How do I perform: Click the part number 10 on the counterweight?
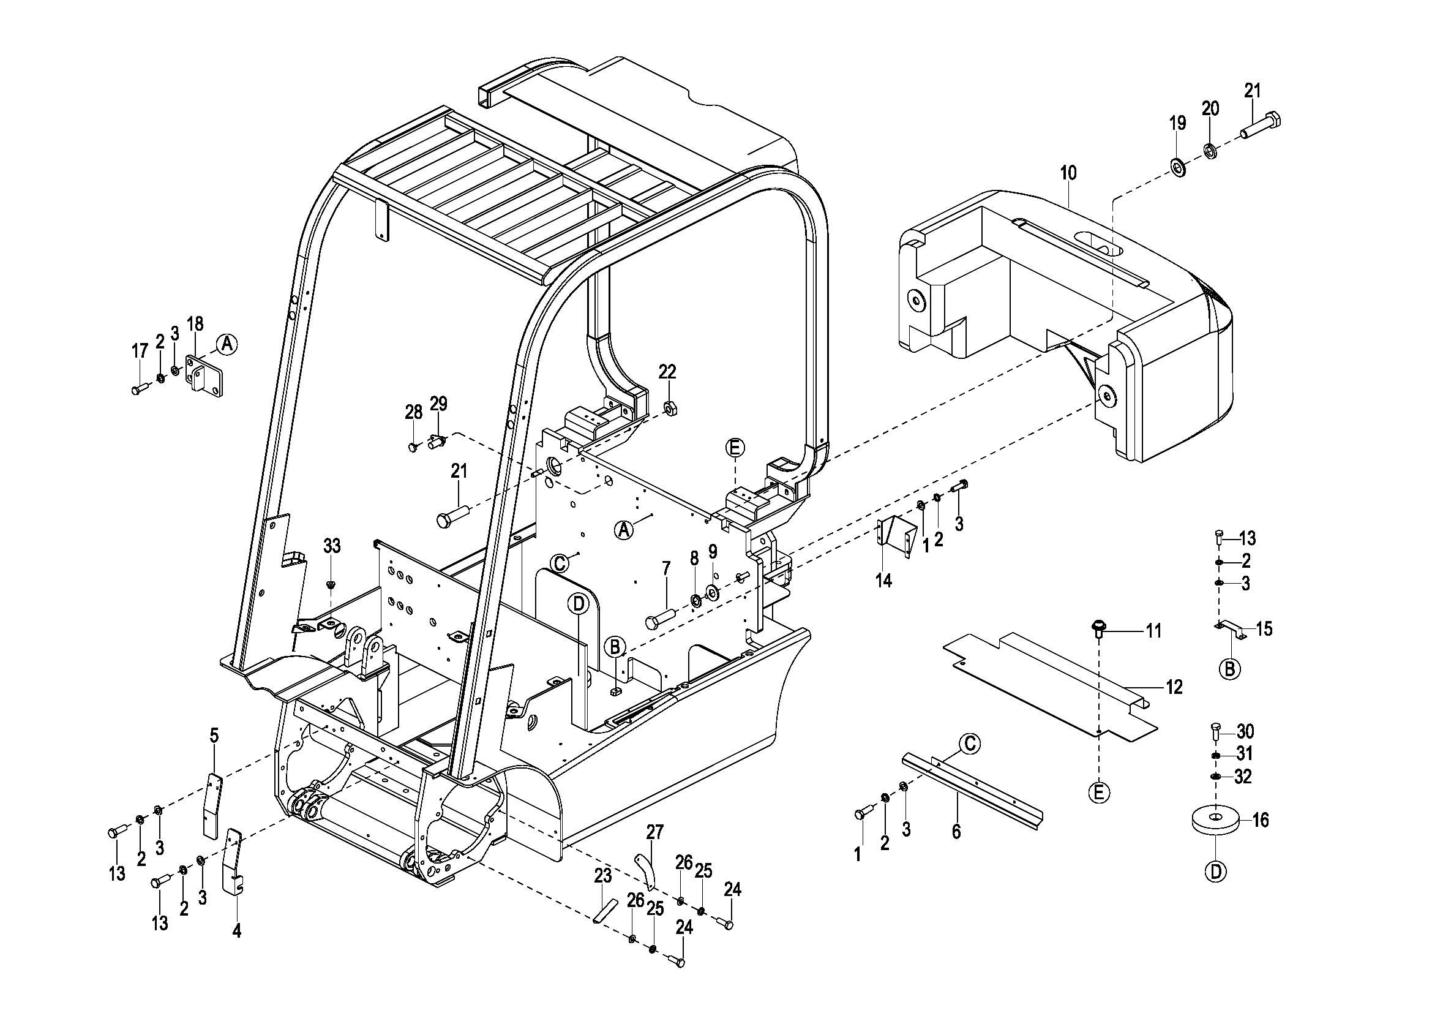(x=1068, y=173)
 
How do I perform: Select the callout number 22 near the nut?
(x=667, y=372)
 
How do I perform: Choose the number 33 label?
(x=332, y=546)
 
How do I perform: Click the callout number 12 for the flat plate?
(x=1174, y=687)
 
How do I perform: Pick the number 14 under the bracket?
(x=883, y=581)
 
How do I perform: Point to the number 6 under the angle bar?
(x=956, y=831)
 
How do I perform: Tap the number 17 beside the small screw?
(x=139, y=351)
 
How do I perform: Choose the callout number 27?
(x=655, y=832)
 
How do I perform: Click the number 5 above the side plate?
(x=214, y=736)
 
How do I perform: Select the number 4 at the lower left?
(x=236, y=932)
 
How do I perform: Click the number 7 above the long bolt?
(x=666, y=568)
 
